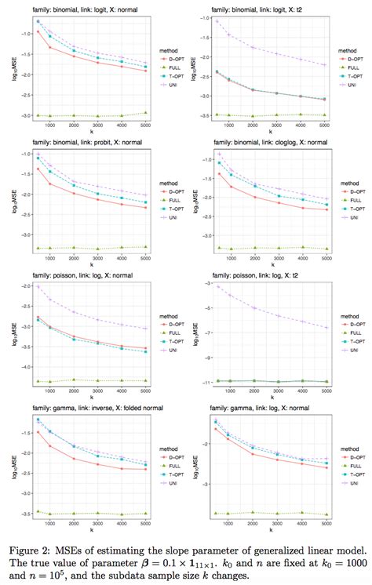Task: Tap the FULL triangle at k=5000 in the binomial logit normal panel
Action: click(142, 113)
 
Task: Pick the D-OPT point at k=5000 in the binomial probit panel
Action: click(142, 208)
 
